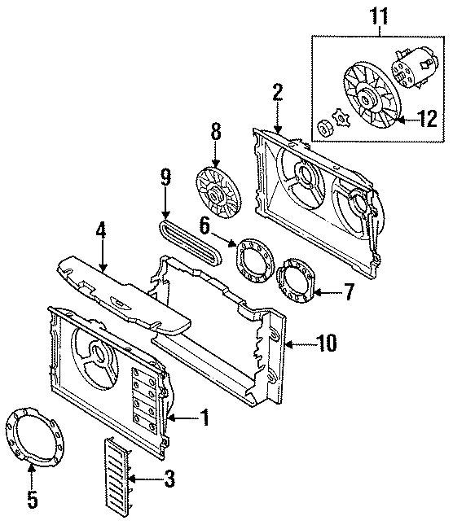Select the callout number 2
click(x=277, y=92)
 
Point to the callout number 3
click(x=169, y=481)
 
